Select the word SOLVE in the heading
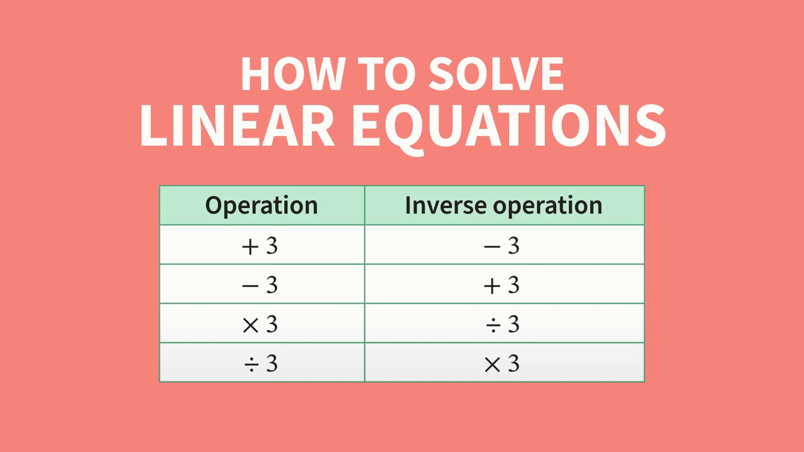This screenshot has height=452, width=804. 497,74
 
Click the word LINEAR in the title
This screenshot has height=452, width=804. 237,126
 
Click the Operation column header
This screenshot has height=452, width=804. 262,205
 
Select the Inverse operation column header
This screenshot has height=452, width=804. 504,205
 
